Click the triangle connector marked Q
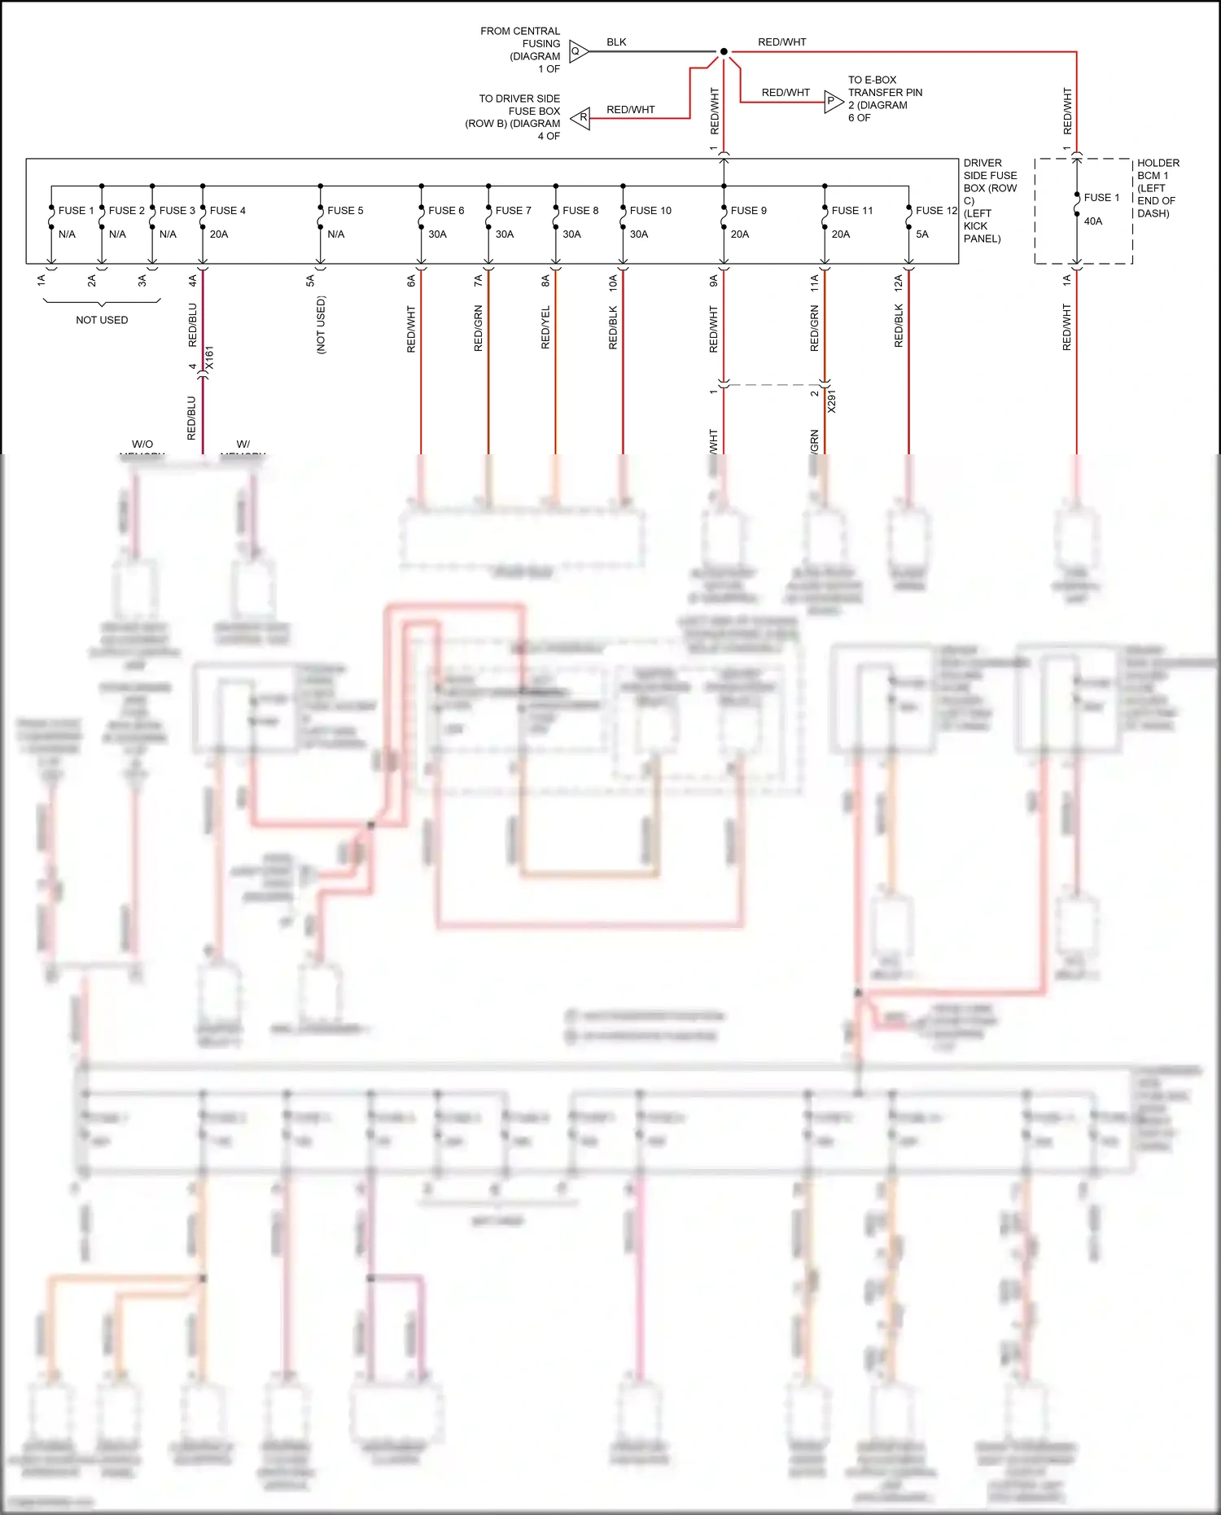point(577,51)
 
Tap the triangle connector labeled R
point(581,118)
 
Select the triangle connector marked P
point(832,101)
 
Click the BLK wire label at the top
point(616,42)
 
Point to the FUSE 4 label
point(227,210)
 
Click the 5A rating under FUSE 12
point(922,234)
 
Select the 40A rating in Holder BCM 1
point(1093,221)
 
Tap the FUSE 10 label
point(650,210)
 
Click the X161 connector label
point(209,358)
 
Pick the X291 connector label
point(832,401)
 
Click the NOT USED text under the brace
point(102,320)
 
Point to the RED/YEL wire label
point(545,327)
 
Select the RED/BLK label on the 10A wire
point(613,327)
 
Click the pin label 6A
point(411,281)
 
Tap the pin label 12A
point(898,282)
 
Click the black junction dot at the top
point(724,51)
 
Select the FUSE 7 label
point(513,210)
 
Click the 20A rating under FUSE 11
point(841,234)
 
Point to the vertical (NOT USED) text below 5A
point(321,324)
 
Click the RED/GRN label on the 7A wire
point(478,327)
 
